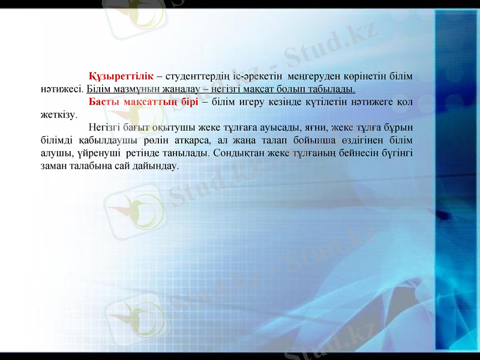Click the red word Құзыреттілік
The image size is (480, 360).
tap(120, 77)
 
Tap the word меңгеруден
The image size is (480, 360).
tap(311, 77)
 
